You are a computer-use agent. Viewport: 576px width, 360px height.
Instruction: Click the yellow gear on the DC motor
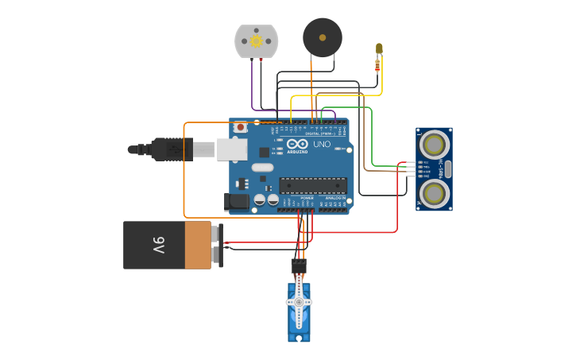[256, 41]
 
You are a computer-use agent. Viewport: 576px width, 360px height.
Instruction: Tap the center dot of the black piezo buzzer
[323, 37]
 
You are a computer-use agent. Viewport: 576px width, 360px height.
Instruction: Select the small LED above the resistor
[379, 48]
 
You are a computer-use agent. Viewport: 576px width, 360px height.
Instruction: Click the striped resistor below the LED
[377, 66]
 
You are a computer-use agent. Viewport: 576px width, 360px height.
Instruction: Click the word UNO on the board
[322, 145]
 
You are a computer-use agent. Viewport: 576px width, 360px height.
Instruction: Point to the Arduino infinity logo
[297, 144]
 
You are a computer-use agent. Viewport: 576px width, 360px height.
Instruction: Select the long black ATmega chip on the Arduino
[312, 185]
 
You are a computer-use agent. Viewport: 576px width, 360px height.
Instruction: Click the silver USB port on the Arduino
[231, 149]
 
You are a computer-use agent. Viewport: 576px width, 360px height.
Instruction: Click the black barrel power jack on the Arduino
[237, 202]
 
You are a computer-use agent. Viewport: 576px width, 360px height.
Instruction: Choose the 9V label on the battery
[158, 245]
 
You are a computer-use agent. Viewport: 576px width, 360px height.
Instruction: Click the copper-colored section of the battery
[198, 245]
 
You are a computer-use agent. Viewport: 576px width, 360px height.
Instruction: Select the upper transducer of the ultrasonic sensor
[434, 145]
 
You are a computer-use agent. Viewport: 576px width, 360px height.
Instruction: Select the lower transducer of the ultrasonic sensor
[434, 193]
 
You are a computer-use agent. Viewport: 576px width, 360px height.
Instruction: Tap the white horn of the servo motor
[299, 302]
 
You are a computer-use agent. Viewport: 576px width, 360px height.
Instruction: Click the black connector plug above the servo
[299, 265]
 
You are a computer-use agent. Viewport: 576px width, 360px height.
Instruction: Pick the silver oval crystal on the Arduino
[262, 168]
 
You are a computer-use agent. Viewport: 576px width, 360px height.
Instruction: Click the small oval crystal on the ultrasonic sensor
[448, 168]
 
